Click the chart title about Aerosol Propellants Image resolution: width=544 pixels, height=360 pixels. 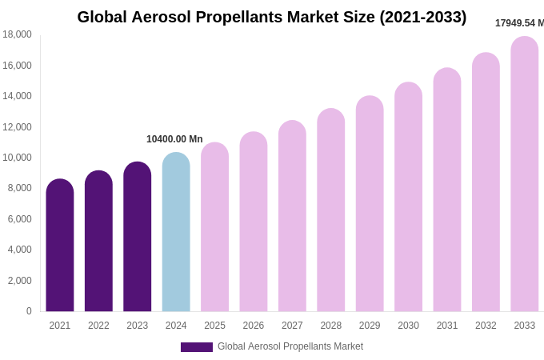pos(272,17)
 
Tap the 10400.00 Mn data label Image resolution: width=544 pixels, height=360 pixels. pos(174,139)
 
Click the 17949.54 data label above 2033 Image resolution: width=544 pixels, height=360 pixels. pos(519,23)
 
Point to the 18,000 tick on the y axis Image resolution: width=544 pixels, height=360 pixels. pos(17,34)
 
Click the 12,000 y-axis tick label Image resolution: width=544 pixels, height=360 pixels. pos(17,126)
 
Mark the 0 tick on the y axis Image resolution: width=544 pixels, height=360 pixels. pos(29,311)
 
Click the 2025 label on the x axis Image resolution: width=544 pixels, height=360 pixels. pos(214,326)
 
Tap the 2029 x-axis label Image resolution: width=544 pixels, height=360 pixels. pos(370,326)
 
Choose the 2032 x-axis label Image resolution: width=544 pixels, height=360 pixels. pos(486,326)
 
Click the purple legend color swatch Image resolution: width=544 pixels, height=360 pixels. pos(197,347)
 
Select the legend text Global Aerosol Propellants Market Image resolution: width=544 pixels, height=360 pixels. pos(290,346)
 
